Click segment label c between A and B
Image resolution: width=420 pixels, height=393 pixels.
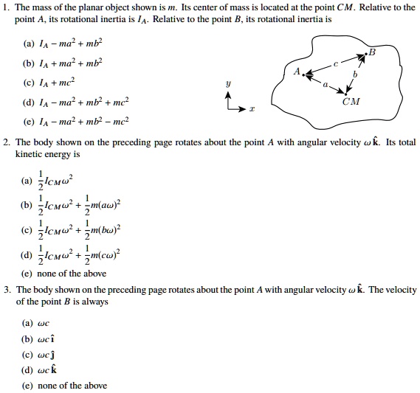(334, 64)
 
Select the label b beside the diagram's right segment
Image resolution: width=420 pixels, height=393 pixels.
(354, 74)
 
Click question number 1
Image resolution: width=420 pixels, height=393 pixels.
(4, 7)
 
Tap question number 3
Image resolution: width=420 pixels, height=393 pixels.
(4, 290)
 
